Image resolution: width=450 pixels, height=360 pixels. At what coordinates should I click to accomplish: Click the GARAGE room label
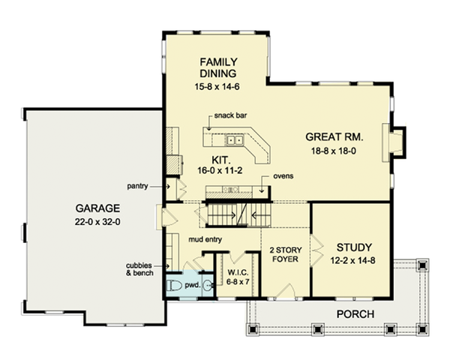pyautogui.click(x=97, y=208)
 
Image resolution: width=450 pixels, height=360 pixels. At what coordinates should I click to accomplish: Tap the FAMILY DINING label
pyautogui.click(x=218, y=67)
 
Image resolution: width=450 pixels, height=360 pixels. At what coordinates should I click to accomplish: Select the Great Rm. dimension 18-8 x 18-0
pyautogui.click(x=334, y=151)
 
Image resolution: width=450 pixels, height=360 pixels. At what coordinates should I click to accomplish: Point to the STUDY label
pyautogui.click(x=354, y=247)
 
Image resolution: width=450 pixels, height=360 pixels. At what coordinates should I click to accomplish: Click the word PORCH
pyautogui.click(x=355, y=314)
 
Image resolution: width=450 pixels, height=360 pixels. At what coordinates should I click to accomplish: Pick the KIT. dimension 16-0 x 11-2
pyautogui.click(x=220, y=170)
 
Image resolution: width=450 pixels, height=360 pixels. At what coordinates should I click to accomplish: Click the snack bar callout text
pyautogui.click(x=230, y=115)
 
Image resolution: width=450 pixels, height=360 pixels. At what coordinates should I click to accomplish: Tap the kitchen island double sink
pyautogui.click(x=235, y=140)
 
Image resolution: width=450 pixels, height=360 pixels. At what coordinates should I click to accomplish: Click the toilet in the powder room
pyautogui.click(x=175, y=285)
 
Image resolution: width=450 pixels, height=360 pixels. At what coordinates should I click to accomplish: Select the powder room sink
pyautogui.click(x=208, y=285)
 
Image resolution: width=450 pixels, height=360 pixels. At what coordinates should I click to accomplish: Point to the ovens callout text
pyautogui.click(x=283, y=176)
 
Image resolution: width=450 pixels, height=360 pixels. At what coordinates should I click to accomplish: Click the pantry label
pyautogui.click(x=137, y=186)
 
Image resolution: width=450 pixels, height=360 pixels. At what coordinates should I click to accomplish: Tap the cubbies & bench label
pyautogui.click(x=139, y=269)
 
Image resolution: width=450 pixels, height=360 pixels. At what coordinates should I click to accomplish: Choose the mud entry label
pyautogui.click(x=205, y=239)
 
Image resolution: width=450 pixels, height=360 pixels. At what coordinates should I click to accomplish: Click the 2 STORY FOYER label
pyautogui.click(x=286, y=254)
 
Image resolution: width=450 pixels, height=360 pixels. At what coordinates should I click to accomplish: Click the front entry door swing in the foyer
pyautogui.click(x=286, y=291)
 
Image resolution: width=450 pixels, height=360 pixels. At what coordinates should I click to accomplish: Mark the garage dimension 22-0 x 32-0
pyautogui.click(x=97, y=222)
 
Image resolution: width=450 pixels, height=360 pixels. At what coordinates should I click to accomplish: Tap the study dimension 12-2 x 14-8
pyautogui.click(x=352, y=261)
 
